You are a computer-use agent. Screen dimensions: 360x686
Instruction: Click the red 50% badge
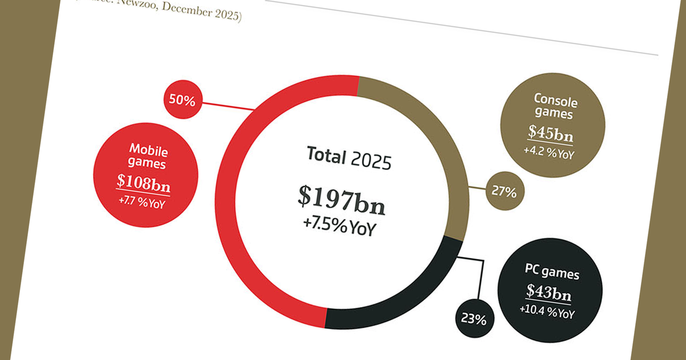(x=182, y=101)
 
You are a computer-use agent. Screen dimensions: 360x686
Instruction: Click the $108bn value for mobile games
(x=143, y=182)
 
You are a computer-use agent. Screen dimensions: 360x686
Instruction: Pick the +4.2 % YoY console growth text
(x=548, y=153)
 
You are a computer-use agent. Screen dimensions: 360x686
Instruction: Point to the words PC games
(x=552, y=271)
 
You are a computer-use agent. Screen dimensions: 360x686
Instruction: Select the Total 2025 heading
(x=349, y=157)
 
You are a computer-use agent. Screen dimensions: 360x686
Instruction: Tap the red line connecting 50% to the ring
(x=226, y=105)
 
